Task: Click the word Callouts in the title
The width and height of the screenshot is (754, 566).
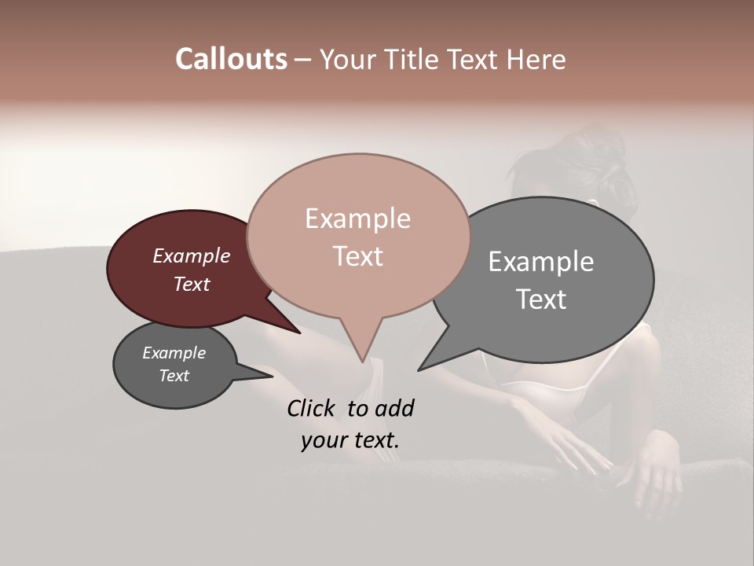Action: [231, 59]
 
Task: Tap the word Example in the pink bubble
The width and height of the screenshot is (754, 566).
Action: [357, 219]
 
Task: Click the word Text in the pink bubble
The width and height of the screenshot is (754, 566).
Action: [357, 255]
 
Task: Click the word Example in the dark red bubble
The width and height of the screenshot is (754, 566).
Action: [191, 255]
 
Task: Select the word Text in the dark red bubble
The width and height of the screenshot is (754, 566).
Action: [191, 284]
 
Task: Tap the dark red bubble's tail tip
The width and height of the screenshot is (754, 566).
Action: [299, 333]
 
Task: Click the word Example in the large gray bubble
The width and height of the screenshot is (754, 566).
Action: [540, 262]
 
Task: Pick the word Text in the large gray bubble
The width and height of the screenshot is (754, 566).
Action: [540, 299]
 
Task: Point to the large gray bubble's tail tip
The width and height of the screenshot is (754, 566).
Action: [419, 369]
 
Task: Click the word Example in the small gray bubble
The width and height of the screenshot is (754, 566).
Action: [174, 353]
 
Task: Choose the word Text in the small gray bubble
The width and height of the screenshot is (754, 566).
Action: [174, 376]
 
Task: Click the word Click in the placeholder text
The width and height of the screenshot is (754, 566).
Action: [313, 408]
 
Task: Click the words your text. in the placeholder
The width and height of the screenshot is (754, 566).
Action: [350, 440]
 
